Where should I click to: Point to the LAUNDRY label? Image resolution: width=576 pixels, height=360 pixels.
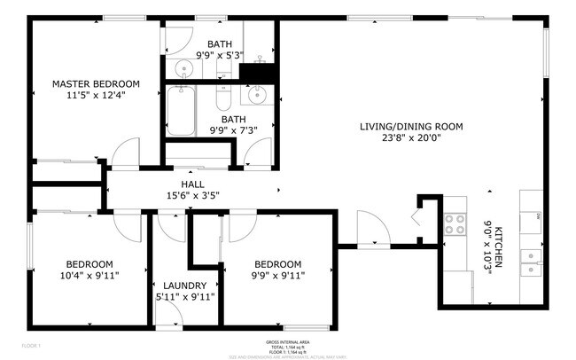[185, 285]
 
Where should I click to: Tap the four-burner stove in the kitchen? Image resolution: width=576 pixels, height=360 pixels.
[455, 224]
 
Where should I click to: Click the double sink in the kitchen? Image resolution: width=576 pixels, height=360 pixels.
[532, 259]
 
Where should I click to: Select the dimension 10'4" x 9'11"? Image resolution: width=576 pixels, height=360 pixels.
[89, 276]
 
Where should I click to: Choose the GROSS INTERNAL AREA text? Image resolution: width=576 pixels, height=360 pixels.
[287, 342]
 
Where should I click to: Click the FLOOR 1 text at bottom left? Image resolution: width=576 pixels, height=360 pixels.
[31, 344]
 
